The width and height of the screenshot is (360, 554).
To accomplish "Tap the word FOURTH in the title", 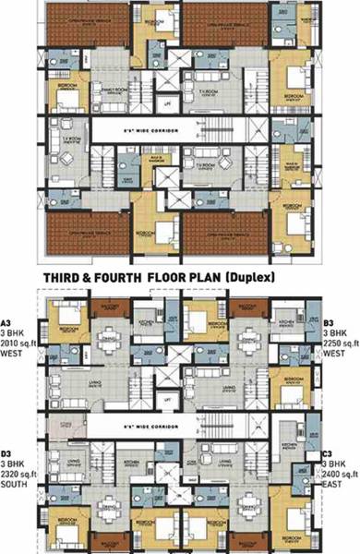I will pyautogui.click(x=150, y=274).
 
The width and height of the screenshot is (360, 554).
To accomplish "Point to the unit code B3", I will pyautogui.click(x=330, y=323).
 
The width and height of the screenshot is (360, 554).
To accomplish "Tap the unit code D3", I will pyautogui.click(x=7, y=453).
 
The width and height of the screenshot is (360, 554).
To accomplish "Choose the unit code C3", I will pyautogui.click(x=330, y=453).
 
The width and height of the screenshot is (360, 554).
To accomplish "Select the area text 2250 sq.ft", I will pyautogui.click(x=341, y=343).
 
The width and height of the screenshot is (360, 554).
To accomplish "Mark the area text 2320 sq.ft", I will pyautogui.click(x=17, y=473).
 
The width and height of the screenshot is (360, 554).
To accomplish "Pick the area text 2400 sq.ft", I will pyautogui.click(x=341, y=473).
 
